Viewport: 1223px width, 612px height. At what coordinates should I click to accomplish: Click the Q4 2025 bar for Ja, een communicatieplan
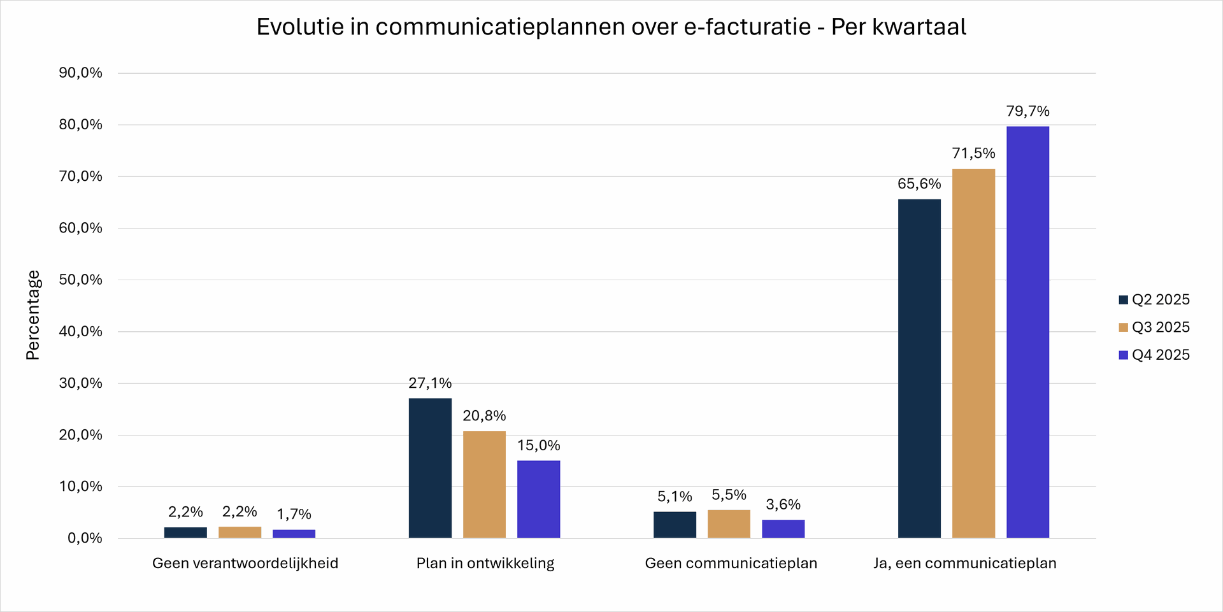(x=1027, y=332)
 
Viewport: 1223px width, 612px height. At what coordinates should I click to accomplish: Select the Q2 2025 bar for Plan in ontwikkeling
(x=430, y=468)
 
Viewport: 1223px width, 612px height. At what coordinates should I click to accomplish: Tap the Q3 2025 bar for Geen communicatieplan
(x=729, y=524)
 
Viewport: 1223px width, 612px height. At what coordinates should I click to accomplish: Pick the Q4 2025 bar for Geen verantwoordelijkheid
(x=294, y=534)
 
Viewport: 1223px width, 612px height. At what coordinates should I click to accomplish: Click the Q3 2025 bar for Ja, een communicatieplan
(x=973, y=353)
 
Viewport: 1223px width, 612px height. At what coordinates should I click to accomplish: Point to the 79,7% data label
(x=1027, y=111)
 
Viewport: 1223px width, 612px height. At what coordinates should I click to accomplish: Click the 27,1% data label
(x=430, y=383)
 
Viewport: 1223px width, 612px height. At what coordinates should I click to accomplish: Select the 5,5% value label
(x=729, y=495)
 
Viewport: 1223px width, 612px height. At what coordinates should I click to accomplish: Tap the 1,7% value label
(x=294, y=515)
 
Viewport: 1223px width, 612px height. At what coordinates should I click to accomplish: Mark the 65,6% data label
(x=919, y=184)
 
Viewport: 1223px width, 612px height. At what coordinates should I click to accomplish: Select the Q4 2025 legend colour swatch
(x=1124, y=355)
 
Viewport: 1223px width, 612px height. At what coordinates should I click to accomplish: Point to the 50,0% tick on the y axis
(x=81, y=280)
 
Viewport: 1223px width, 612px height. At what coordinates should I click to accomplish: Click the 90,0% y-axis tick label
(x=81, y=73)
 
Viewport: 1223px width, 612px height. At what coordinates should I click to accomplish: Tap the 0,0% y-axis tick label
(x=85, y=538)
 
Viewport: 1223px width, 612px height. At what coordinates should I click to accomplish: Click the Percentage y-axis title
(x=33, y=315)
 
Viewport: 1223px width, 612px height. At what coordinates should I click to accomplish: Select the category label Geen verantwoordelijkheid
(x=245, y=564)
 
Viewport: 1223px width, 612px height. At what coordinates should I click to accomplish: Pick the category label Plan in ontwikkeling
(x=485, y=564)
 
